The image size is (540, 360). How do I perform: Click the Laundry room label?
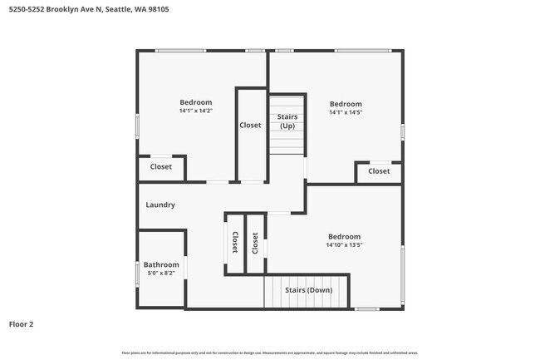pos(160,205)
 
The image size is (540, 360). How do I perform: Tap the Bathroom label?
pos(161,264)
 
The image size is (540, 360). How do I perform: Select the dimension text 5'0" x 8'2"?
pos(161,273)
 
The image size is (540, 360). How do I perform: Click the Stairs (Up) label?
pos(287,121)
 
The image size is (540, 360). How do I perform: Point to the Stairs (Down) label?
pos(308,290)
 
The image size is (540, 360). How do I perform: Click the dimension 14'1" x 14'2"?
pos(196,111)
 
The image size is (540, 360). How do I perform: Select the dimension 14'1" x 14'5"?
pos(346,112)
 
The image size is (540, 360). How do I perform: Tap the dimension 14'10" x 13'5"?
pos(344,245)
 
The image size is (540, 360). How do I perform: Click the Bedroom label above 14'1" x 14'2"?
pos(196,102)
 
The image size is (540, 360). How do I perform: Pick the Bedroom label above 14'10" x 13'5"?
pos(344,236)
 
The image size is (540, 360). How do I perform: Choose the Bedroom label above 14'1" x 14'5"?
pos(346,104)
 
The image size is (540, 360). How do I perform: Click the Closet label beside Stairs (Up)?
pos(250,126)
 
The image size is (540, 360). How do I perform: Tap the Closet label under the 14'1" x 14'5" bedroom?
pos(379,171)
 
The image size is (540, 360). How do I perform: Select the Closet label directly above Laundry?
pos(161,167)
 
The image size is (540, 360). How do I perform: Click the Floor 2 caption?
pos(21,323)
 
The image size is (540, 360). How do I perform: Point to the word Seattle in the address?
pos(118,11)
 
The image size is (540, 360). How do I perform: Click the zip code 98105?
pos(158,11)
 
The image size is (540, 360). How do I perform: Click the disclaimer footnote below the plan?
pos(269,353)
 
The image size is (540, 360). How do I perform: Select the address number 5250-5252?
pos(26,11)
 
